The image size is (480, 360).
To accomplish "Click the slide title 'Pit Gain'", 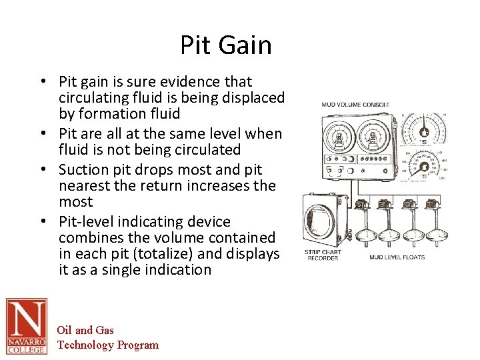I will click(x=226, y=45).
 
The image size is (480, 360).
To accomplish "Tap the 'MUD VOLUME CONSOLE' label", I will click(x=355, y=105).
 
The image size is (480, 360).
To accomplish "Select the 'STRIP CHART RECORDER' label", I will click(x=323, y=255).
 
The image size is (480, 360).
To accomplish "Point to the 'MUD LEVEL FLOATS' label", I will click(x=397, y=257).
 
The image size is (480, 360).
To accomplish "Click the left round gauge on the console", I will click(x=339, y=138).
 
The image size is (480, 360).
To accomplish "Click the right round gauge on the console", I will click(x=373, y=138).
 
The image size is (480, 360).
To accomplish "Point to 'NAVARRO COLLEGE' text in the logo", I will click(x=26, y=345).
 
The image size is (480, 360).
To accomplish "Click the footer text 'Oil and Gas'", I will click(x=85, y=330).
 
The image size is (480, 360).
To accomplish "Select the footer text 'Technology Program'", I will click(x=108, y=345).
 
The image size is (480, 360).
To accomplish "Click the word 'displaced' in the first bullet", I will click(x=253, y=98).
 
